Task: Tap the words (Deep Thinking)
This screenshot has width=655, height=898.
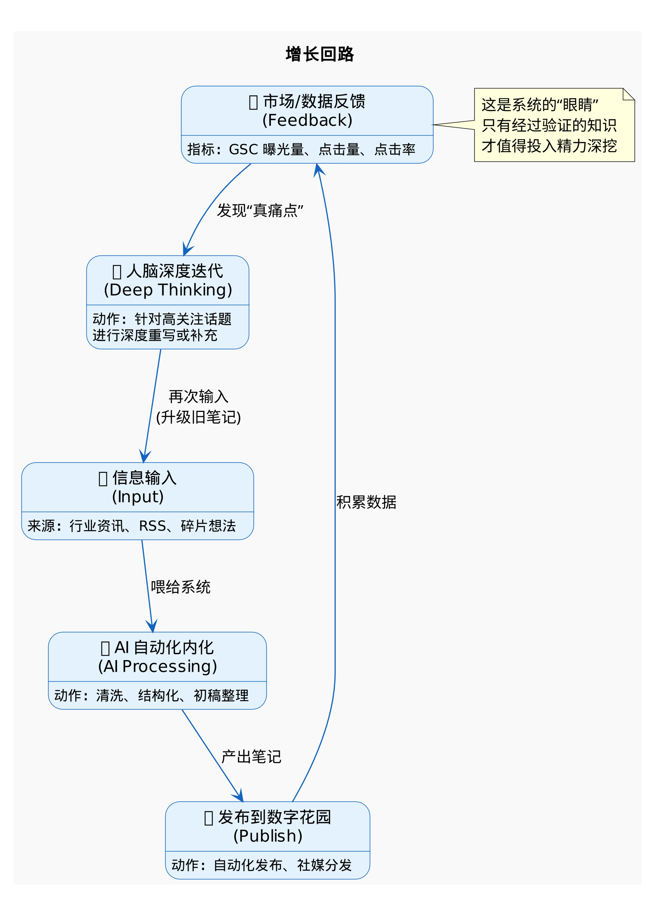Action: pyautogui.click(x=168, y=290)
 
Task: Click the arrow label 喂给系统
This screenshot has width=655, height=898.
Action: pyautogui.click(x=180, y=587)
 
